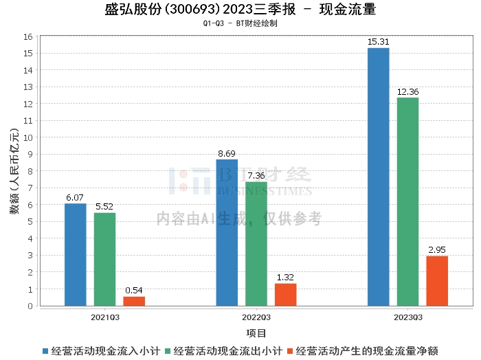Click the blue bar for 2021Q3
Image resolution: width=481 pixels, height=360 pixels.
click(x=75, y=254)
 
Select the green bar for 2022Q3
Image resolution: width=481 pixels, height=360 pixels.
click(x=256, y=244)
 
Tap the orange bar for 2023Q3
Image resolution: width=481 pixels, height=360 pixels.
click(x=437, y=281)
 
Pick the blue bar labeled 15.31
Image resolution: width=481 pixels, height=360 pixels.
click(x=379, y=177)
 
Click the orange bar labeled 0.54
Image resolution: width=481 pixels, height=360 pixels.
click(x=134, y=301)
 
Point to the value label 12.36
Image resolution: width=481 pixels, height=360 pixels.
click(x=407, y=91)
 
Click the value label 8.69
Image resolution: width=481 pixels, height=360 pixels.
click(x=227, y=153)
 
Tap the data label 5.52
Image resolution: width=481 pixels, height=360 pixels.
click(x=104, y=206)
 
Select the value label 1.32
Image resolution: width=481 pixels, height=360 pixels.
click(x=285, y=277)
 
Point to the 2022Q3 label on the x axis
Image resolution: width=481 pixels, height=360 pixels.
click(x=256, y=317)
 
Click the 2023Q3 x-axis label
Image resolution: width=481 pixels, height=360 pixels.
click(x=408, y=317)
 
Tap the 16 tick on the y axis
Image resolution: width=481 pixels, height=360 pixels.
click(x=28, y=37)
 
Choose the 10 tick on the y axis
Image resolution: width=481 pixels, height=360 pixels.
click(x=28, y=137)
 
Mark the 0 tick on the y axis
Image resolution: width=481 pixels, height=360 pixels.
click(x=30, y=306)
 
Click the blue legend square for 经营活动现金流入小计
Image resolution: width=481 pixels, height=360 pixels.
click(x=45, y=351)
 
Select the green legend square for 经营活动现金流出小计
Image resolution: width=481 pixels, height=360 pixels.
click(x=168, y=351)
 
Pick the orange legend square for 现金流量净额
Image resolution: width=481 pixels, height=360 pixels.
click(x=290, y=351)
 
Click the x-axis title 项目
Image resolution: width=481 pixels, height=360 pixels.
click(x=256, y=333)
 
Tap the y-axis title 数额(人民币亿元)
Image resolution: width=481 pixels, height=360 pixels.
click(x=14, y=171)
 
